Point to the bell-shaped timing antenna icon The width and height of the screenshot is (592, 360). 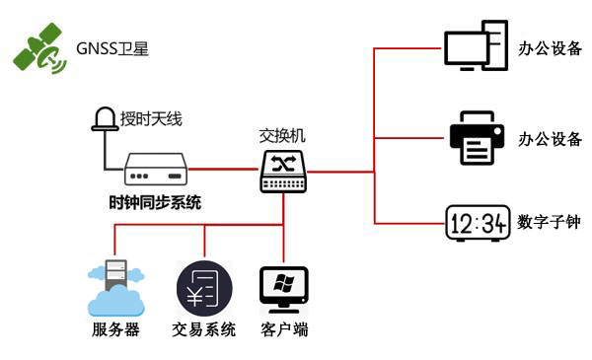pyautogui.click(x=104, y=119)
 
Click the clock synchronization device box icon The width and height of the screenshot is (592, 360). pyautogui.click(x=156, y=170)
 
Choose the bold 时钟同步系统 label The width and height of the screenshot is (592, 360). pyautogui.click(x=155, y=204)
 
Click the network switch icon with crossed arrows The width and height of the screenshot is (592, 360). pyautogui.click(x=285, y=170)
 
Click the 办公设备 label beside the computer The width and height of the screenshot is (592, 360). pyautogui.click(x=550, y=48)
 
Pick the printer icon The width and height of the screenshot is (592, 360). pyautogui.click(x=478, y=139)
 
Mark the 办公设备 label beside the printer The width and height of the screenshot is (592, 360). pyautogui.click(x=550, y=139)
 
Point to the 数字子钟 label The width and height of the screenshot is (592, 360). pyautogui.click(x=549, y=223)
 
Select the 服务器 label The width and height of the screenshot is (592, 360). pyautogui.click(x=114, y=329)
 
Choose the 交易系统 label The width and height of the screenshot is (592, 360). pyautogui.click(x=204, y=329)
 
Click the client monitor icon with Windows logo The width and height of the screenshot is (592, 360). pyautogui.click(x=284, y=287)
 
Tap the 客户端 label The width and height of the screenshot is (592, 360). pyautogui.click(x=284, y=329)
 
